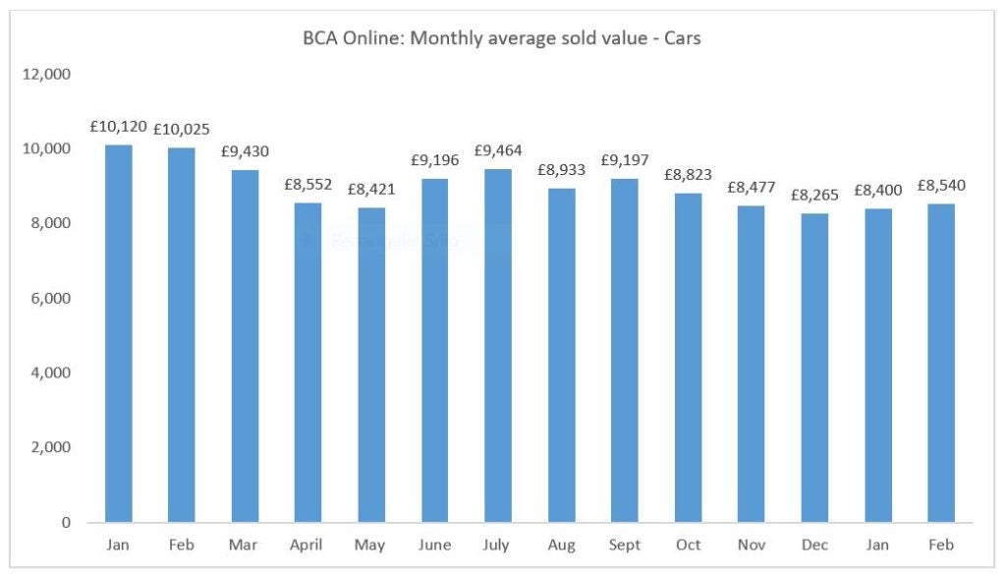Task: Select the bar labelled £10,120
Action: click(x=119, y=334)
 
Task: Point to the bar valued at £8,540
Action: click(x=941, y=363)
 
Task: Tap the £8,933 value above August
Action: click(x=562, y=169)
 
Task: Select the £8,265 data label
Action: click(x=814, y=195)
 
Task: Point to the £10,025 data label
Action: click(x=182, y=129)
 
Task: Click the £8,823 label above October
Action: click(x=688, y=174)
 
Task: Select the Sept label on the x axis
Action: click(x=625, y=544)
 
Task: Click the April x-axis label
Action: click(x=308, y=544)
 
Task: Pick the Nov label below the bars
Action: click(x=752, y=544)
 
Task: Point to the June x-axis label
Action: click(x=435, y=544)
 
